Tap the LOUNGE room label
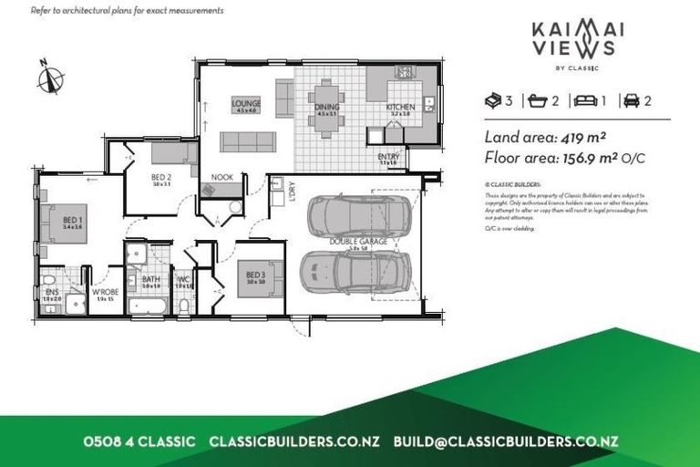[246, 103]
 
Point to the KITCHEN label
[400, 106]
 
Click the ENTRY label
[388, 157]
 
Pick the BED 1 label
[73, 220]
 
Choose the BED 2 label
[162, 176]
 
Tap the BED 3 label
[254, 273]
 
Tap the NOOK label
[221, 177]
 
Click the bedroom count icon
[494, 100]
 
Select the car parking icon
[628, 100]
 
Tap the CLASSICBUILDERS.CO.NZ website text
[294, 441]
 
